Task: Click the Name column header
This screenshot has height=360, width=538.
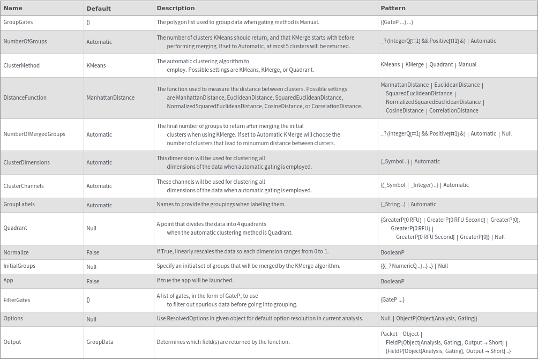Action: [13, 8]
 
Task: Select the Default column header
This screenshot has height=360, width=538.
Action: [99, 9]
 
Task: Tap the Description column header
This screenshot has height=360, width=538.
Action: [176, 8]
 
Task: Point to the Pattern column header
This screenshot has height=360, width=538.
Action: [393, 8]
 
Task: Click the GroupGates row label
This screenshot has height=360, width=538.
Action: [18, 22]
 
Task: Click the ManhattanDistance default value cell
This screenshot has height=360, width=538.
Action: [110, 97]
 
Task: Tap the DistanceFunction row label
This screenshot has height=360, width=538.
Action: [25, 97]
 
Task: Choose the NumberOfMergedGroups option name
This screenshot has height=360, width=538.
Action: [34, 134]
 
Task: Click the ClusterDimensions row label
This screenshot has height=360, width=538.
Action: [26, 162]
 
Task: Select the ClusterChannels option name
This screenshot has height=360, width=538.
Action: [24, 186]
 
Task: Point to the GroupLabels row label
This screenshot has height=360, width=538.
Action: [19, 204]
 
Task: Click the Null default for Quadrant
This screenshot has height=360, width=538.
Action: [92, 228]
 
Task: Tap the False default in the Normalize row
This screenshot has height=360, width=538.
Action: [93, 252]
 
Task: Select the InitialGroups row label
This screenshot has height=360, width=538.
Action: [19, 266]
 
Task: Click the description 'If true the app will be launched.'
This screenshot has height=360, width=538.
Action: [195, 280]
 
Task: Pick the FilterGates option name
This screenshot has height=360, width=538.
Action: [17, 300]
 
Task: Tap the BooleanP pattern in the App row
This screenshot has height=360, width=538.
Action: [392, 281]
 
